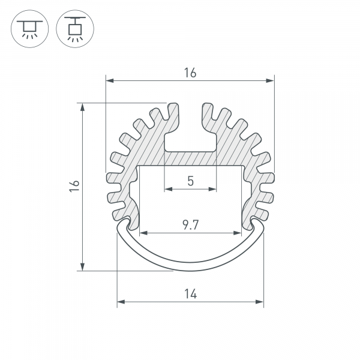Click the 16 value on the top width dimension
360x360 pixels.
click(190, 73)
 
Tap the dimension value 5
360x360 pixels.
click(190, 180)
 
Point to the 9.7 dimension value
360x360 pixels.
click(190, 225)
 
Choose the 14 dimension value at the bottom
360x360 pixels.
click(190, 294)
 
